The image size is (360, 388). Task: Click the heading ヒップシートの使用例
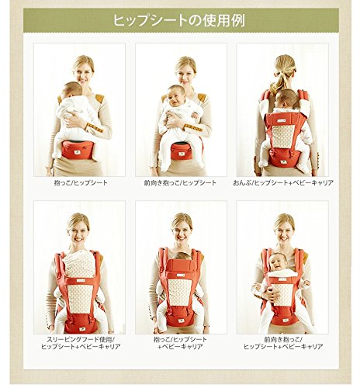[179, 21]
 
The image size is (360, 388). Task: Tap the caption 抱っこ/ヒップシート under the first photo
[81, 183]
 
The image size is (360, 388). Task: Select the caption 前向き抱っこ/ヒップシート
[180, 183]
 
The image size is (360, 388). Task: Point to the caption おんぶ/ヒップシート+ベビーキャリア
[283, 183]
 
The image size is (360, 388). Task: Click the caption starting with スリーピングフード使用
[81, 343]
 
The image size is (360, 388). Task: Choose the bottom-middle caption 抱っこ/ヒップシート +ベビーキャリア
[180, 343]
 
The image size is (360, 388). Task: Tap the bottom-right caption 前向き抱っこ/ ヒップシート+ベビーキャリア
[283, 343]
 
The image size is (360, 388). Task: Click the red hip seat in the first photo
[77, 150]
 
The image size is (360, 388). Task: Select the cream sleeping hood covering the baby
[79, 263]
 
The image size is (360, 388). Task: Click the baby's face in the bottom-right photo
[277, 263]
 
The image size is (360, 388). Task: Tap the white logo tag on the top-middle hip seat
[179, 153]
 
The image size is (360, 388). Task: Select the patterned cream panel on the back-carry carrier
[282, 136]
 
